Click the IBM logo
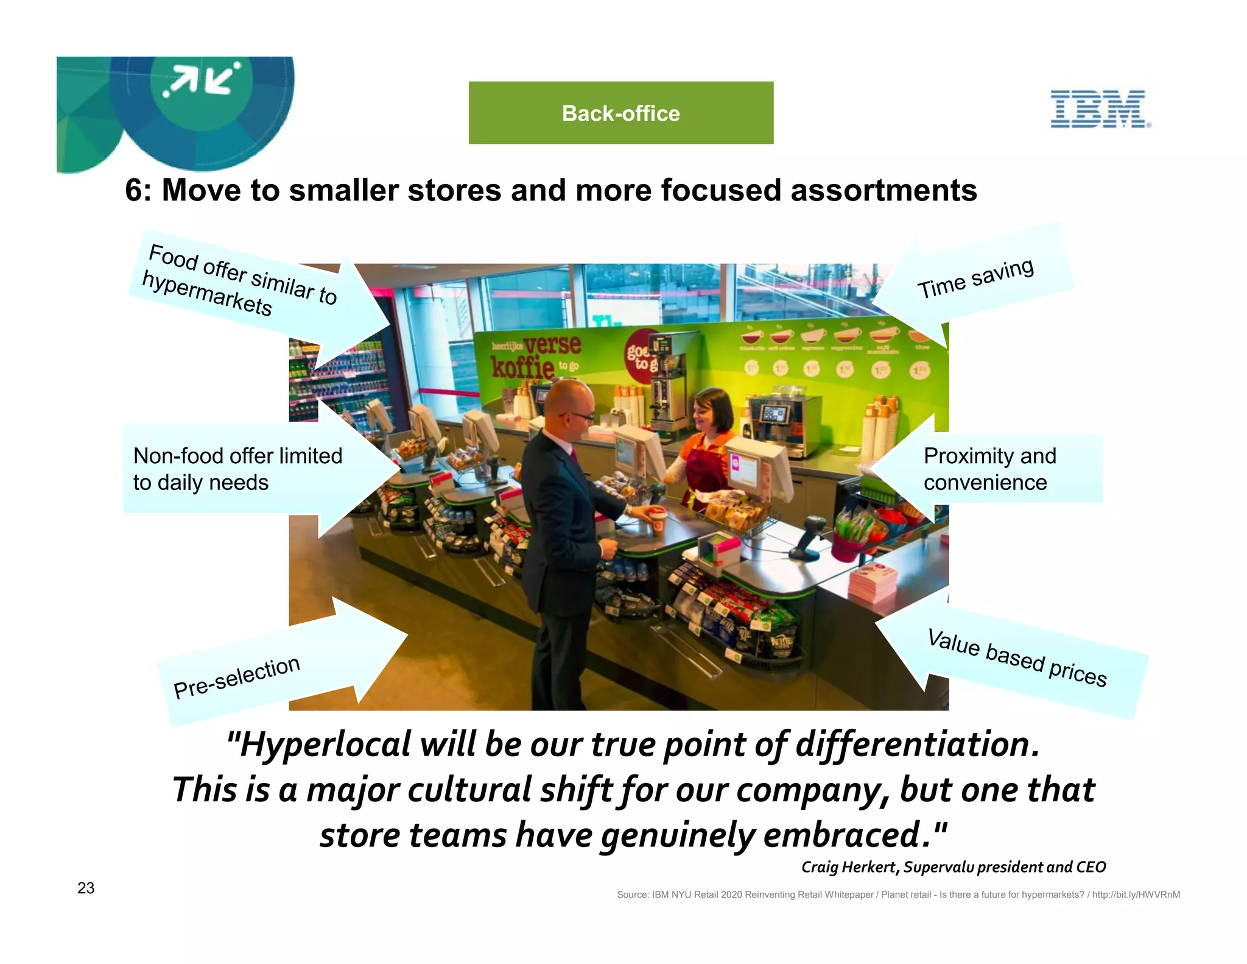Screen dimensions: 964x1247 [x=1100, y=109]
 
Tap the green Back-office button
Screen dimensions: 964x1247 [x=620, y=113]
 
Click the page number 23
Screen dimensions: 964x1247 [x=86, y=888]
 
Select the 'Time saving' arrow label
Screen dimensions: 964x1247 [x=975, y=278]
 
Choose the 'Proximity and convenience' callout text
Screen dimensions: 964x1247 [x=989, y=469]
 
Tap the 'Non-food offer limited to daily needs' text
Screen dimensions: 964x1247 [x=237, y=469]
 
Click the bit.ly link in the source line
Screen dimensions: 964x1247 [x=1136, y=895]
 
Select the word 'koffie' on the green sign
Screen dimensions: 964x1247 [x=522, y=367]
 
